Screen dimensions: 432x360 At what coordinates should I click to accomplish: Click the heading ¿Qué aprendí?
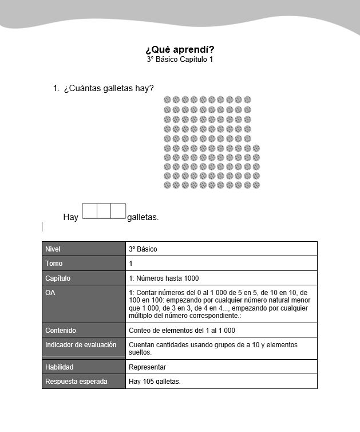point(180,49)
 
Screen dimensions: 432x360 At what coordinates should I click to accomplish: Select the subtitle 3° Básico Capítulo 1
point(180,60)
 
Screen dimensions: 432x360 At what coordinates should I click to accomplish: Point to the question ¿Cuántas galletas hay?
point(108,88)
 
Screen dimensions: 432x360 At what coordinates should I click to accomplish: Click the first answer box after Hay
point(90,211)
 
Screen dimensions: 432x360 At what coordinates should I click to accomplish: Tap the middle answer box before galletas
point(104,211)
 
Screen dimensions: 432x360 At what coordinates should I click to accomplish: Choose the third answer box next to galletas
point(118,211)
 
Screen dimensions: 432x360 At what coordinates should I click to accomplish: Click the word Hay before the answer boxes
point(70,217)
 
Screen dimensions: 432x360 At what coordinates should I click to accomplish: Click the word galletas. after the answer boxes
point(143,217)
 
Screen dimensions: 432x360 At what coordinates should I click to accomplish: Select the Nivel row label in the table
point(53,249)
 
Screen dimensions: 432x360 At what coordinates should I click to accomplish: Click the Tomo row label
point(54,264)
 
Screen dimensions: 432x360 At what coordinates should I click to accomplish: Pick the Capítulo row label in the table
point(57,278)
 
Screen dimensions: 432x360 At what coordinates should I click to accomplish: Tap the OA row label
point(50,293)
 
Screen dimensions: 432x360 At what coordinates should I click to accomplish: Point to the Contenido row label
point(61,331)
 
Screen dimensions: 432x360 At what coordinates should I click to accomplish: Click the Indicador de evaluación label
point(81,345)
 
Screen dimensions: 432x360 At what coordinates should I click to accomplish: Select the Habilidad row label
point(60,367)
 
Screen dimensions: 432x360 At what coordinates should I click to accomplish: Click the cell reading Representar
point(148,367)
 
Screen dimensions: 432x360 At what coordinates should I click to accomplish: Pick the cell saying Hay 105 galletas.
point(155,382)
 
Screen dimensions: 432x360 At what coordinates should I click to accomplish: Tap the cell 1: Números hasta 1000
point(164,278)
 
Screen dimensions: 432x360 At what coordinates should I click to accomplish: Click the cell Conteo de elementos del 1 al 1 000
point(182,331)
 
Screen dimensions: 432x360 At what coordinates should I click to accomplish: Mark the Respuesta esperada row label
point(76,382)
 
